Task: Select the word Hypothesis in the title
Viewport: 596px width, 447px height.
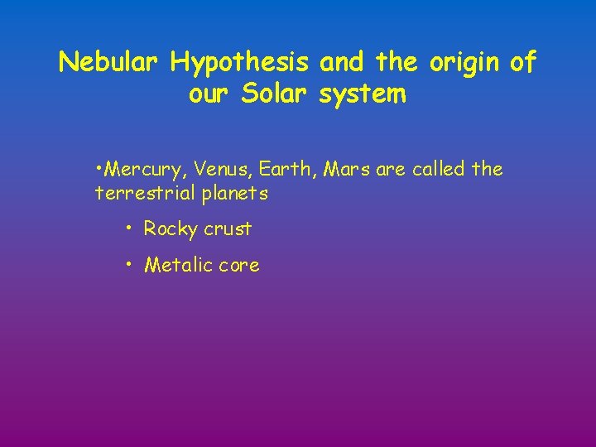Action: [x=240, y=62]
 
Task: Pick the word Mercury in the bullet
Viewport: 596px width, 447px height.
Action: [x=147, y=170]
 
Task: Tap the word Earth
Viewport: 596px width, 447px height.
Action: [x=286, y=170]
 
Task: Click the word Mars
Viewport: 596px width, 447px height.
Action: [x=347, y=170]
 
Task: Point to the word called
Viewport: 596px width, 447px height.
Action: [x=435, y=170]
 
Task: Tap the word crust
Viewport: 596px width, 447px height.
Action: [x=228, y=228]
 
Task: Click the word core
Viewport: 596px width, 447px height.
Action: [x=240, y=266]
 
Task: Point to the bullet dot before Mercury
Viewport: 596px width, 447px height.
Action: [x=99, y=169]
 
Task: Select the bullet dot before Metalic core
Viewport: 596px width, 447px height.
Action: [x=129, y=264]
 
